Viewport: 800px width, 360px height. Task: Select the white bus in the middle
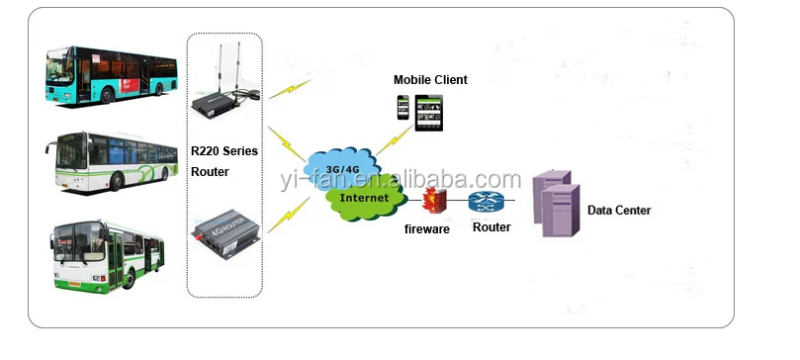(111, 159)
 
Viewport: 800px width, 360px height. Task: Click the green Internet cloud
(365, 198)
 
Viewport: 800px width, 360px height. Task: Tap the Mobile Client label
(430, 79)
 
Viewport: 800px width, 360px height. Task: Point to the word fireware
(427, 229)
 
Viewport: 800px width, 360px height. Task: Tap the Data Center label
(619, 210)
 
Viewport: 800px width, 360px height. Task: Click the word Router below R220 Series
(210, 172)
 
